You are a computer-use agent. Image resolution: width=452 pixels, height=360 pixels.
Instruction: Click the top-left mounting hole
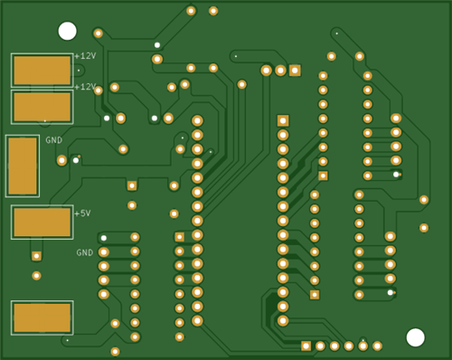(x=67, y=31)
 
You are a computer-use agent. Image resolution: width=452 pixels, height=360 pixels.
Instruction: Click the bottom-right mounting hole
(x=415, y=337)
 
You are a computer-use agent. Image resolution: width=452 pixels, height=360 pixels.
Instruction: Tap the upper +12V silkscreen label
(x=85, y=56)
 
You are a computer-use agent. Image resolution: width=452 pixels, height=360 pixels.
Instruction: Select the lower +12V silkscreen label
(x=85, y=87)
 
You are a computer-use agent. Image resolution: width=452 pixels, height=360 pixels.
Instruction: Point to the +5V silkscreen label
(x=82, y=213)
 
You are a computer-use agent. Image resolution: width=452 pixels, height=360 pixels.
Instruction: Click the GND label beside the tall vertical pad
(x=54, y=140)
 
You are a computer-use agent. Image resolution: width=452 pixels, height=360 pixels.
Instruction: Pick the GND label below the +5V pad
(x=85, y=252)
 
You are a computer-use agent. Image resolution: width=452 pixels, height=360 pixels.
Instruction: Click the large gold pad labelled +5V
(x=42, y=223)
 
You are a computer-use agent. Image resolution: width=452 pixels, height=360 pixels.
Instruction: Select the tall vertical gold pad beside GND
(x=23, y=166)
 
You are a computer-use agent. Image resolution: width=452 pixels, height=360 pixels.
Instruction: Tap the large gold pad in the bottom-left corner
(x=42, y=317)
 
